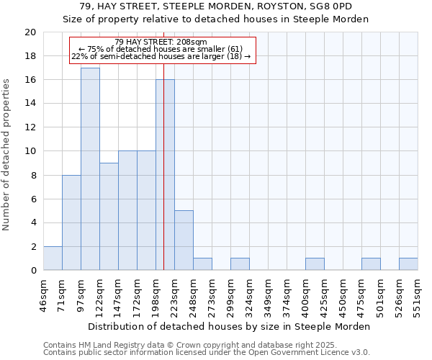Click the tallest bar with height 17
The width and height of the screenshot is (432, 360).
90,169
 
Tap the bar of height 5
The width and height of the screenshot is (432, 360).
184,240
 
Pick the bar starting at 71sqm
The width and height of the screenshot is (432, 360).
71,222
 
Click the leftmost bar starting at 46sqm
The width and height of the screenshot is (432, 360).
53,258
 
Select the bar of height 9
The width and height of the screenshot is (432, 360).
109,217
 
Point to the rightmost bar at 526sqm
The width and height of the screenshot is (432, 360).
408,264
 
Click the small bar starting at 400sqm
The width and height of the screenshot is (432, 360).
315,264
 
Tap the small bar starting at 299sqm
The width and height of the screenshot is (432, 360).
240,264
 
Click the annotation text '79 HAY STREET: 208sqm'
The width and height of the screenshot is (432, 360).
161,42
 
